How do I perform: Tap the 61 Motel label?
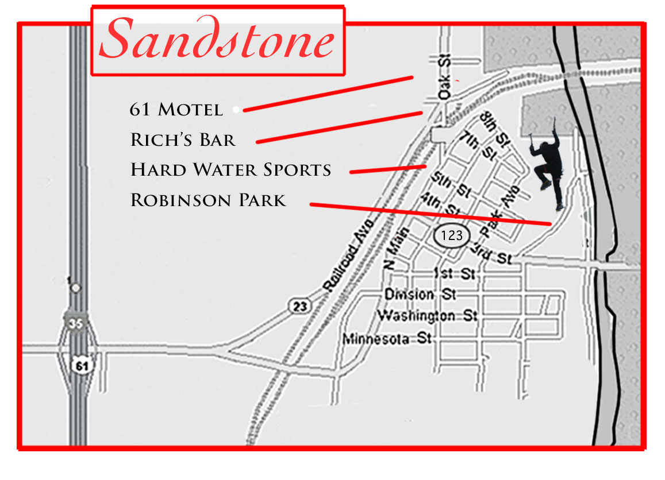[x=176, y=109]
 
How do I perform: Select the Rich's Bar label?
[x=183, y=140]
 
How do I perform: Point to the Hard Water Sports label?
[x=231, y=170]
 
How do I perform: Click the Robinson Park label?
[x=208, y=200]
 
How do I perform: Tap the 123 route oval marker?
[x=452, y=235]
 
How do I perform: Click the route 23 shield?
[x=300, y=306]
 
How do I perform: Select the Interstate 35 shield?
[x=76, y=324]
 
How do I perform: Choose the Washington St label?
[x=427, y=316]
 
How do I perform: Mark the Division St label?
[x=420, y=295]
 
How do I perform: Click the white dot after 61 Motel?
[x=236, y=109]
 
